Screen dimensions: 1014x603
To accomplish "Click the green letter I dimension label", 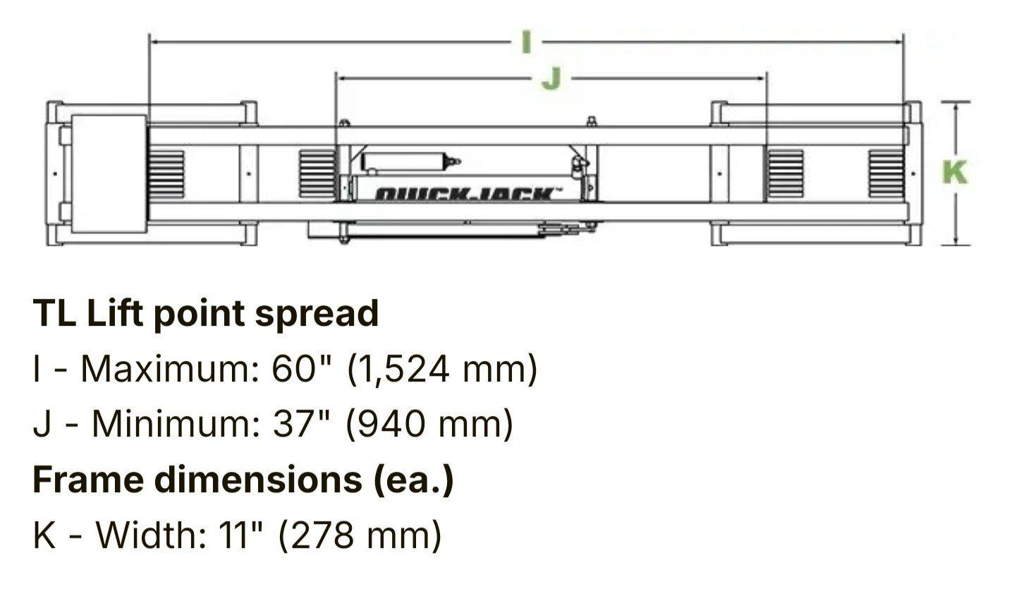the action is [x=525, y=42].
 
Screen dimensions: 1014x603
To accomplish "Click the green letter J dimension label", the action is [x=551, y=79].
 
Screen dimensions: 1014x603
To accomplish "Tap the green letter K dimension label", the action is [x=955, y=172].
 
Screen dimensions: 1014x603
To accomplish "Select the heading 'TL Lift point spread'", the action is [x=205, y=314].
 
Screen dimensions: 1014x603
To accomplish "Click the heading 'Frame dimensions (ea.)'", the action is [x=243, y=480].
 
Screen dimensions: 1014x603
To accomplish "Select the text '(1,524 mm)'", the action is [x=442, y=370].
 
